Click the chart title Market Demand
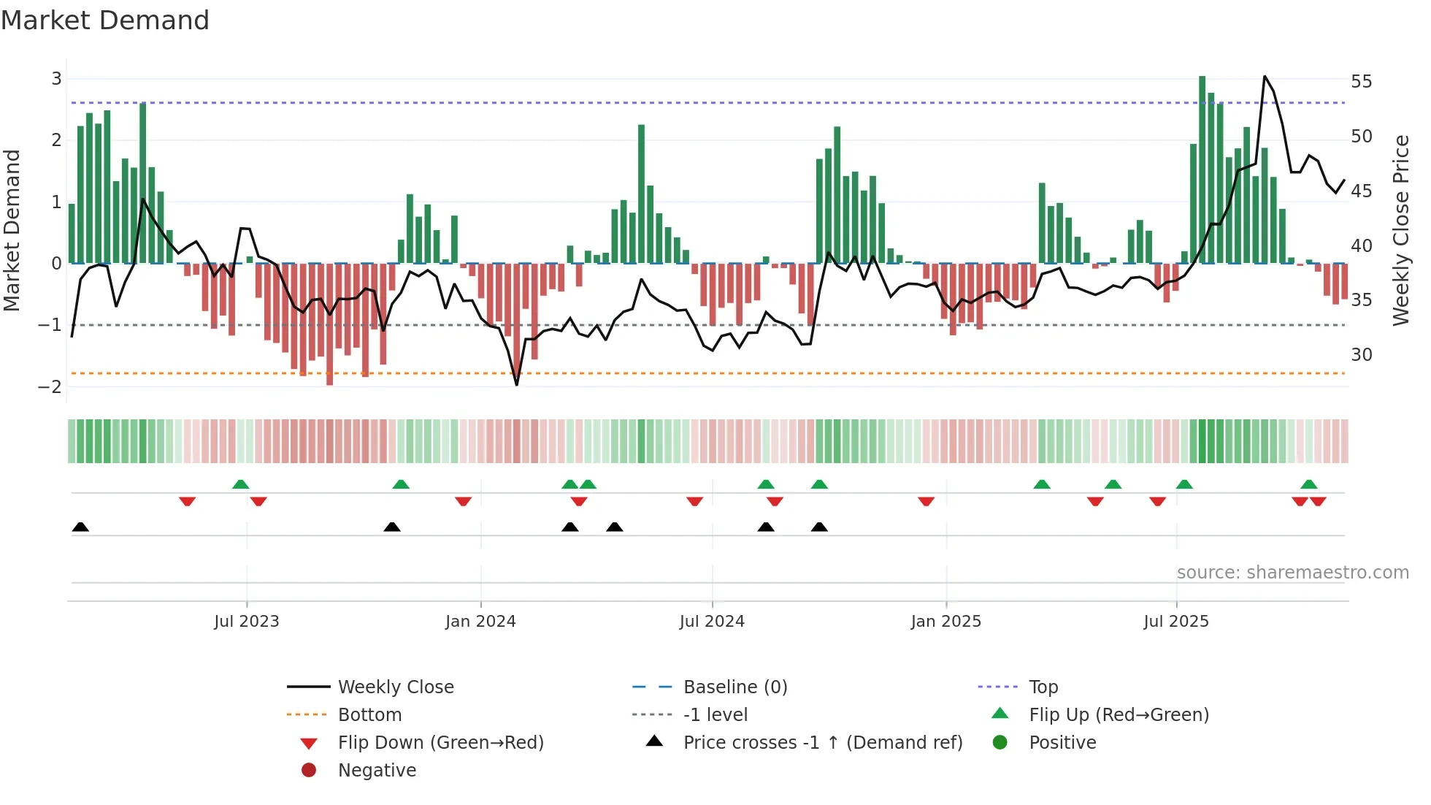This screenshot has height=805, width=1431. pos(105,20)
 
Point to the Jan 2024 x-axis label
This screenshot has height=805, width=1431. pos(480,621)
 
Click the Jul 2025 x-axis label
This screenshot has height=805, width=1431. pos(1176,621)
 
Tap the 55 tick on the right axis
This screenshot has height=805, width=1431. pos(1361,81)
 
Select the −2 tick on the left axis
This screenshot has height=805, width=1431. pos(50,386)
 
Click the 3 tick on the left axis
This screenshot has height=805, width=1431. pos(56,78)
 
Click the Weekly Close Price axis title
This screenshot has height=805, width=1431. pos(1400,230)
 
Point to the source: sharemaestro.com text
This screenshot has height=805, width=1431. pos(1292,572)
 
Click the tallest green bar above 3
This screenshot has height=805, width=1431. pos(1202,168)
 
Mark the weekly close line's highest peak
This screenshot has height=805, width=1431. pos(1265,77)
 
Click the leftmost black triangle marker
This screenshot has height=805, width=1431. pos(80,527)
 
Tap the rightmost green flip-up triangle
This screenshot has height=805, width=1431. pos(1309,484)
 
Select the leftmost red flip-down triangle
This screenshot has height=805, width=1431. pos(187,501)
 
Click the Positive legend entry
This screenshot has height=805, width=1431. pos(1062,742)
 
